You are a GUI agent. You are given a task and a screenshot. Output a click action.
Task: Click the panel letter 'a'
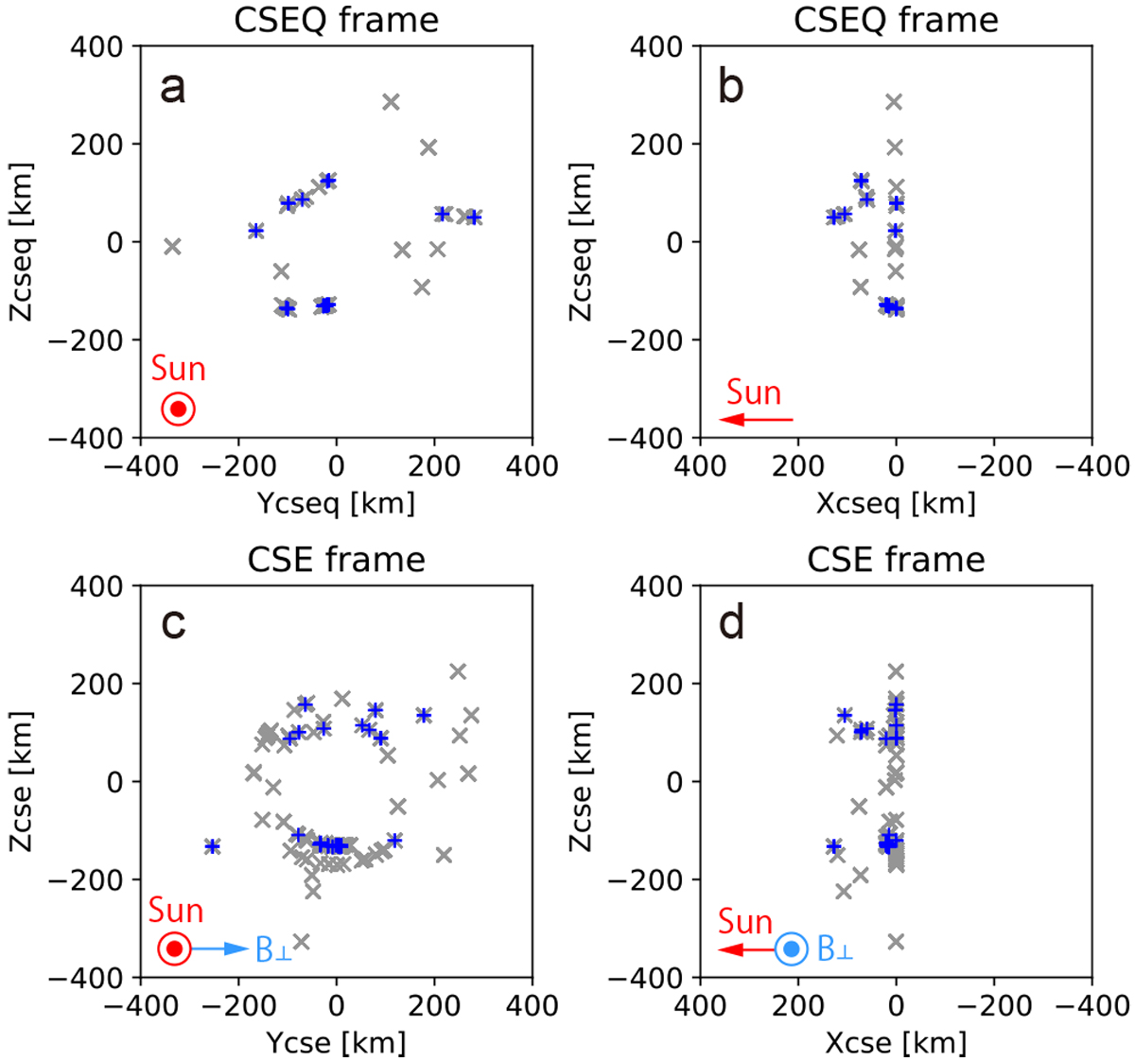tap(173, 88)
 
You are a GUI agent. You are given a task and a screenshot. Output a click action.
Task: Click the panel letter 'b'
tap(731, 88)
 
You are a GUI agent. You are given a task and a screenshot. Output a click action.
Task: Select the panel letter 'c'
tap(173, 624)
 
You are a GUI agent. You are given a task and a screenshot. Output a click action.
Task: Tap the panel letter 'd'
tap(731, 624)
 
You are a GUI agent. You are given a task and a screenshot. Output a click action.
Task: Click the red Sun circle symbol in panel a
tap(178, 409)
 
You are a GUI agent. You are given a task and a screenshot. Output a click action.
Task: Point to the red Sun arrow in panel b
tap(756, 419)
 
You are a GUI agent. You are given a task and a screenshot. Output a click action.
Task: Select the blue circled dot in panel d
tap(793, 948)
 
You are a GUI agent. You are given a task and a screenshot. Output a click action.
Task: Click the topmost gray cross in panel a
tap(391, 101)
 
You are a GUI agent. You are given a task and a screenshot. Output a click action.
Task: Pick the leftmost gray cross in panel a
tap(172, 247)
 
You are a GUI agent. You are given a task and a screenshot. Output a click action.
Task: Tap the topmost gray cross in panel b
tap(894, 101)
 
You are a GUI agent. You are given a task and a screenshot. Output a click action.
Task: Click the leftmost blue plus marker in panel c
tap(213, 846)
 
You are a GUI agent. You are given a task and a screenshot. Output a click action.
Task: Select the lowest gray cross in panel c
tap(302, 942)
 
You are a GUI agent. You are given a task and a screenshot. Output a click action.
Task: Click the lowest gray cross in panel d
tap(896, 942)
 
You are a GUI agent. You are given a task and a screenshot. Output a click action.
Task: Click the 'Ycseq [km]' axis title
tap(336, 503)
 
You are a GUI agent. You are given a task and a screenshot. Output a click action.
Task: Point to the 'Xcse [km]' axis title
tap(896, 1042)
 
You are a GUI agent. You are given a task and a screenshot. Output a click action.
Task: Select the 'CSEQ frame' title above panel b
tap(896, 20)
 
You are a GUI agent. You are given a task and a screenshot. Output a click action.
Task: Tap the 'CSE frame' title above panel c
tap(336, 559)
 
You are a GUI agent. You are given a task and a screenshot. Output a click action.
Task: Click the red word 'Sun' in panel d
tap(745, 921)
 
